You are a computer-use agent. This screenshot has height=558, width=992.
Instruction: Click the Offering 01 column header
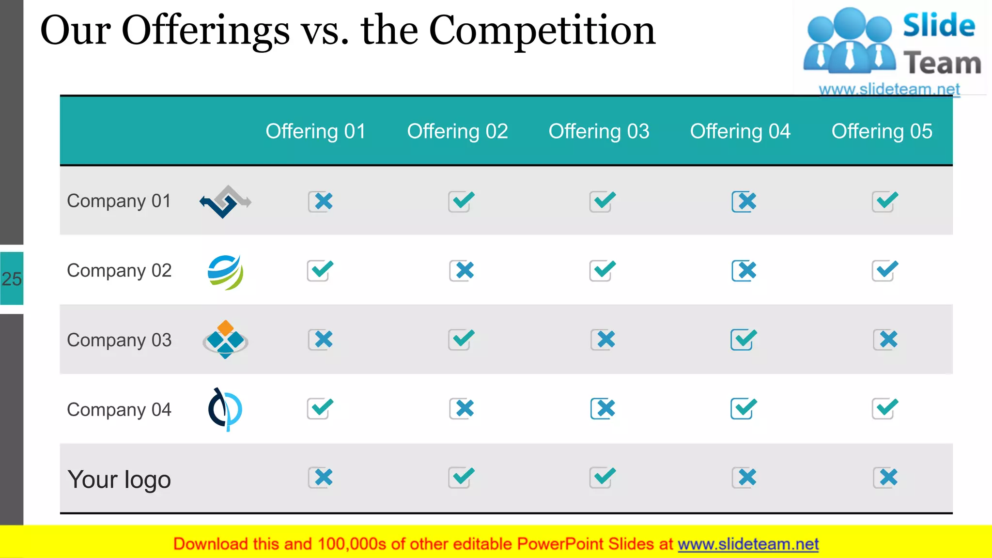click(x=315, y=131)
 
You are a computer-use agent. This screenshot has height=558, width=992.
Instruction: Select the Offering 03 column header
click(x=599, y=131)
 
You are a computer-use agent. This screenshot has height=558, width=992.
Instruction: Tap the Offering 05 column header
click(x=882, y=131)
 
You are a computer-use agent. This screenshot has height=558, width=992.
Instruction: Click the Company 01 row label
click(x=119, y=201)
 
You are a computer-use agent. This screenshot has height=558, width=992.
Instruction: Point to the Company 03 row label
click(x=119, y=340)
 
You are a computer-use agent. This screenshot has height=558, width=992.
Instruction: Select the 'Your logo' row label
click(x=119, y=480)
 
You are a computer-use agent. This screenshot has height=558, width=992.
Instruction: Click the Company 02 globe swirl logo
click(x=225, y=272)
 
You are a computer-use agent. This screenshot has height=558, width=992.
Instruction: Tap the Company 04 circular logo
click(x=225, y=409)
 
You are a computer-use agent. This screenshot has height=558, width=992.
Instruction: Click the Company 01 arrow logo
click(x=225, y=201)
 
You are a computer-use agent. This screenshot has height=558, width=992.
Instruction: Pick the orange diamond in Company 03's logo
click(x=225, y=327)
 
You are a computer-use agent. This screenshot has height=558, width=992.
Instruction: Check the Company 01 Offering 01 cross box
click(x=321, y=201)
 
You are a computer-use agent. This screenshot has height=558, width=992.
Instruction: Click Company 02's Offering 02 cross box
click(x=462, y=271)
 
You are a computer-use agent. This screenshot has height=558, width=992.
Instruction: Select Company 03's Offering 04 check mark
click(x=744, y=339)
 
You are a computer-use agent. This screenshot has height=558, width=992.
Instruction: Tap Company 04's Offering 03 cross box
click(x=603, y=409)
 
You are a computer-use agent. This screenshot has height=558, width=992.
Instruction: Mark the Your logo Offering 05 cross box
click(x=885, y=478)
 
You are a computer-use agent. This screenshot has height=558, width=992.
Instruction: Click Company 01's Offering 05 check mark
click(x=885, y=201)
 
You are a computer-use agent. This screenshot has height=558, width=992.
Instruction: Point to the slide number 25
click(x=12, y=279)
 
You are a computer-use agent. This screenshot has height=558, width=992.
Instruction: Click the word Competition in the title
click(x=542, y=31)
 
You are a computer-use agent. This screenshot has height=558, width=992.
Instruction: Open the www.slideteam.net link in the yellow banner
click(x=748, y=544)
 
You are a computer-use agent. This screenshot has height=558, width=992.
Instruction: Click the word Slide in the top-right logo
click(x=939, y=26)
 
